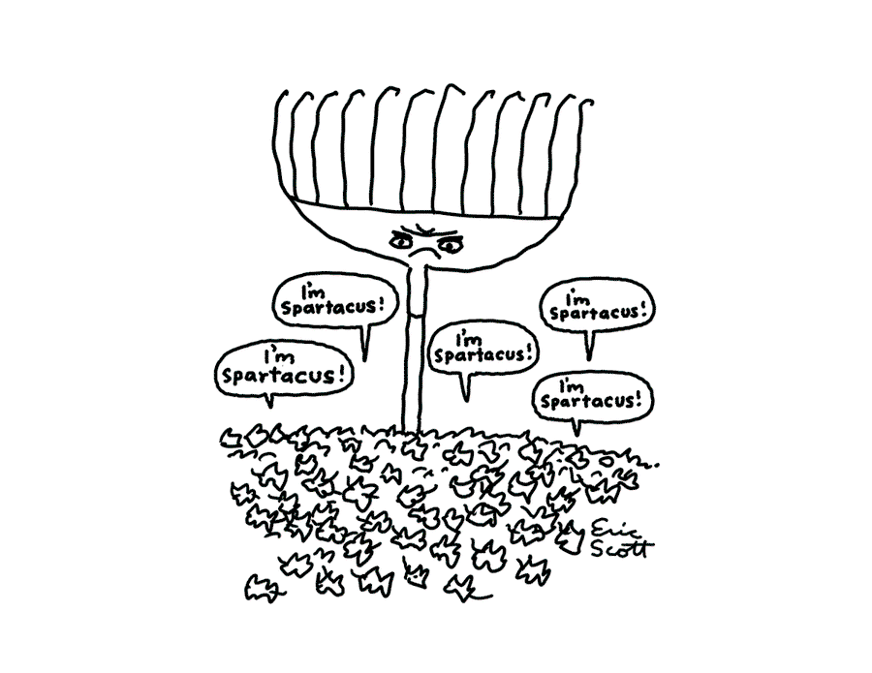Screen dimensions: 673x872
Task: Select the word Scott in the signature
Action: coord(622,549)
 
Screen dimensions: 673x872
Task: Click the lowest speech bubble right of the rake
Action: coord(593,392)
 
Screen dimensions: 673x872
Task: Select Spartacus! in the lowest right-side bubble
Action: coord(593,399)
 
